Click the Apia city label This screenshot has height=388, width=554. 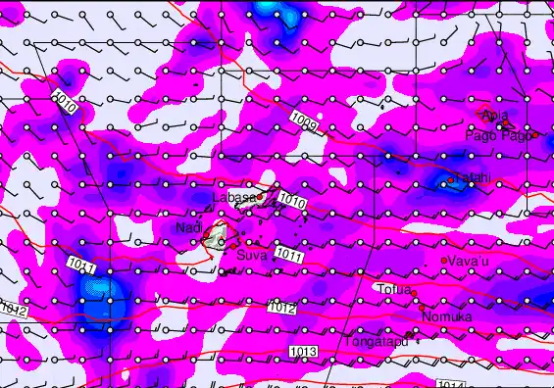click(x=495, y=117)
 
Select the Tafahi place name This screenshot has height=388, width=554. click(x=470, y=177)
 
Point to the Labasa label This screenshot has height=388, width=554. click(x=234, y=197)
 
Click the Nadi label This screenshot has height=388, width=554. click(x=188, y=227)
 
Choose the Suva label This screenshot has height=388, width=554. click(x=252, y=255)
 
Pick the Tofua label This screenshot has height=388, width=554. click(x=394, y=289)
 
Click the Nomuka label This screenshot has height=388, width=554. click(x=447, y=316)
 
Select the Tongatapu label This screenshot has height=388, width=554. click(x=376, y=342)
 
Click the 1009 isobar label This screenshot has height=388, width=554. click(x=304, y=121)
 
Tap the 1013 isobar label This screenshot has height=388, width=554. click(x=304, y=351)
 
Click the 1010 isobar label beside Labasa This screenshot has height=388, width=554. click(x=291, y=200)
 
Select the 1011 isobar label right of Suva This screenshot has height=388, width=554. click(x=287, y=255)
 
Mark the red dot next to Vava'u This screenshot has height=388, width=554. click(x=444, y=261)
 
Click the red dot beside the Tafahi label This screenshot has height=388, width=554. click(x=450, y=179)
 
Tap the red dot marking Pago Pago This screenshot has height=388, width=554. click(x=535, y=134)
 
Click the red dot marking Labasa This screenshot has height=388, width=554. click(x=261, y=194)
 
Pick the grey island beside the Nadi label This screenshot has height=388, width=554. click(x=216, y=234)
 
